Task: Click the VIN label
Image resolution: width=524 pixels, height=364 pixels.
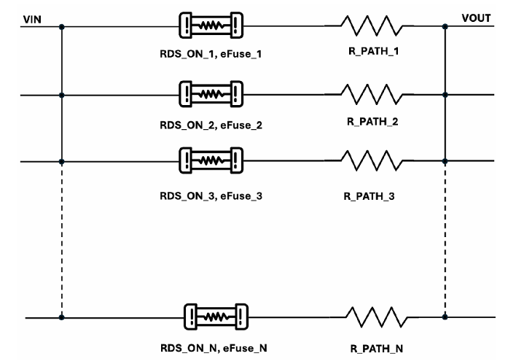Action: tap(32, 20)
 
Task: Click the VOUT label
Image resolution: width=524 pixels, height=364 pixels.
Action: tap(476, 18)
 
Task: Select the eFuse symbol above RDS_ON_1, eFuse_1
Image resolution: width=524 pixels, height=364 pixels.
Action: tap(211, 26)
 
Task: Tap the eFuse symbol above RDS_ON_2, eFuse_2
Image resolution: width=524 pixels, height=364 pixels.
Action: tap(211, 94)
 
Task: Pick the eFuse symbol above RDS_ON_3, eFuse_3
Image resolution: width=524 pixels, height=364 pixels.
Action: tap(211, 160)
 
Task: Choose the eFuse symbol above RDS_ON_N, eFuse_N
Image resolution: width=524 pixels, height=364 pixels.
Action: tap(216, 317)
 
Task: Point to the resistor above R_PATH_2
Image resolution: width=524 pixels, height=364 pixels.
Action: tap(372, 94)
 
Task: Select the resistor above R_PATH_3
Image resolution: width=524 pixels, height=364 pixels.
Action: tap(372, 160)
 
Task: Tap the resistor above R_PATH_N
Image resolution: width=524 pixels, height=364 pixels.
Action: tap(377, 317)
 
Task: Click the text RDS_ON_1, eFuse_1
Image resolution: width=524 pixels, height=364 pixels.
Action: tap(211, 54)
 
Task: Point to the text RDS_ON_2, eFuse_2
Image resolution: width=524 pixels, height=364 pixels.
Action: tap(211, 125)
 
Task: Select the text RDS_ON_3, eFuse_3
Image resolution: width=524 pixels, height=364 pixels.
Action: tap(211, 195)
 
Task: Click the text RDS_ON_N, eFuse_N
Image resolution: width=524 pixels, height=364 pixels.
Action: tap(214, 348)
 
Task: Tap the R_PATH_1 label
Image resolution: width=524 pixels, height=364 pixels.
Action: tap(374, 51)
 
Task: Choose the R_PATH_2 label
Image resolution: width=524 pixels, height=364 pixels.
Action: tap(372, 121)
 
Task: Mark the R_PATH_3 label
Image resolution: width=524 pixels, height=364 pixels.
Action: tap(369, 196)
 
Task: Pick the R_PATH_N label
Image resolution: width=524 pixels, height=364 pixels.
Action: tap(377, 349)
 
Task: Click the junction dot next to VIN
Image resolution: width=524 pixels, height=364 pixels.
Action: tap(61, 26)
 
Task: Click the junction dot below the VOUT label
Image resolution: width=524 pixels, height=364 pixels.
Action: tap(445, 26)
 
